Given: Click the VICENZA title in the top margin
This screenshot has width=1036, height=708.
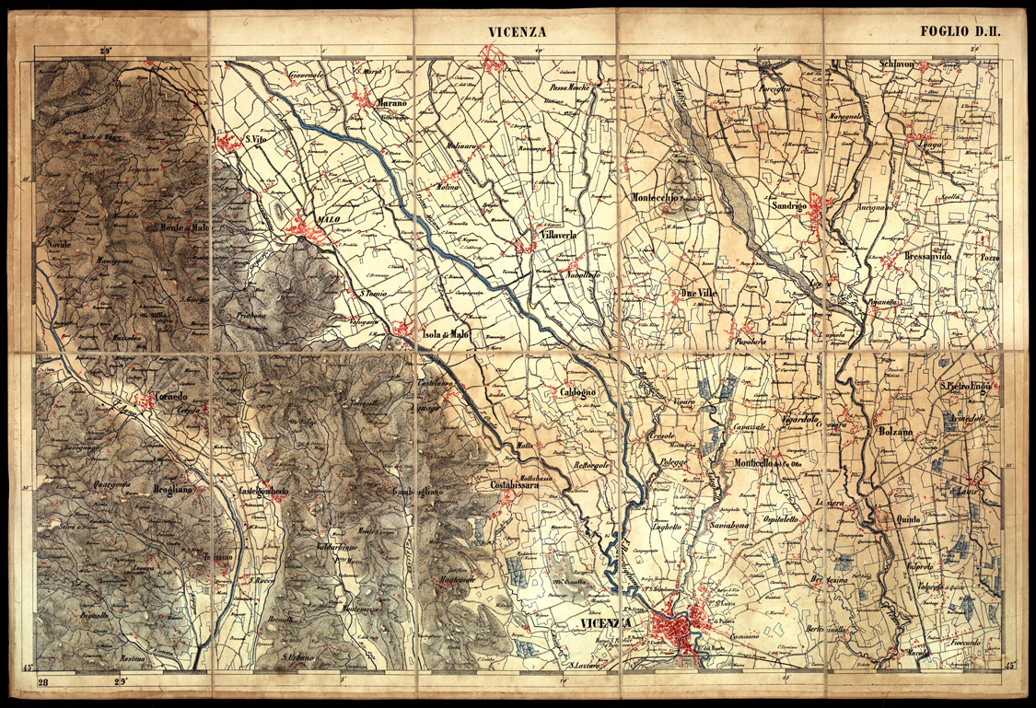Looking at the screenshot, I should tap(517, 32).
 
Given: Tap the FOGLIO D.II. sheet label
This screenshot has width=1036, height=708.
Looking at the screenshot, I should tap(960, 31).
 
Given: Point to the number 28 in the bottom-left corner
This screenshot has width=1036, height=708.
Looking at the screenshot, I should tap(43, 682).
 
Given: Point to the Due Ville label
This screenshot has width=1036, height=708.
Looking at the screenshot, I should tap(698, 293).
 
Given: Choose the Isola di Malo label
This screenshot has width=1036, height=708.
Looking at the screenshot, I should tap(446, 335).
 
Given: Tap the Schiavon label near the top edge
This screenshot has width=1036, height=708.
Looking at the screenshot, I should tap(896, 64).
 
